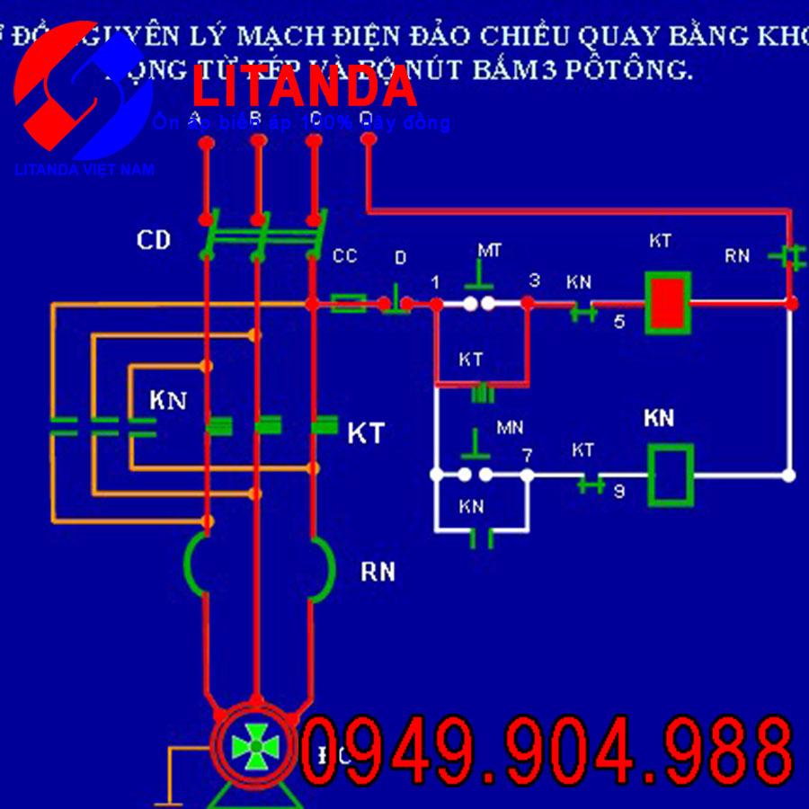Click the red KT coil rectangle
pos(668,303)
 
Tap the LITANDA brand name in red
pos(305,87)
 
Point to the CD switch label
pos(154,240)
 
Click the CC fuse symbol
pos(348,304)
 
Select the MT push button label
pos(489,250)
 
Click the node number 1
pos(435,283)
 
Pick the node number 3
pos(535,280)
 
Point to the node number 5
pos(619,322)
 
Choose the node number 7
pos(528,456)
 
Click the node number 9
pos(619,491)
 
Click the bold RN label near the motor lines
pos(378,572)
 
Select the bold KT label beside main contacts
pos(366,434)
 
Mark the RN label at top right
pos(737,255)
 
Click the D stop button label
pos(400,258)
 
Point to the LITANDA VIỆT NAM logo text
pos(84,169)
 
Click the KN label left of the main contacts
pos(168,401)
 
